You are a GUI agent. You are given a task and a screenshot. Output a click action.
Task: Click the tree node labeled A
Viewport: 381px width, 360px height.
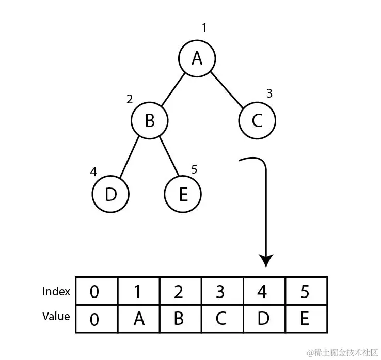[197, 59]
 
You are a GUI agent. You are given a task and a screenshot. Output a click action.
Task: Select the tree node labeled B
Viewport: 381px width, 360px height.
[150, 121]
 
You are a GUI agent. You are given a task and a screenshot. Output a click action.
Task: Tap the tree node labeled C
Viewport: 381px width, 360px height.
[257, 121]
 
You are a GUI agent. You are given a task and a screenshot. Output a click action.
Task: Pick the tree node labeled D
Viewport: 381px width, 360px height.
[110, 194]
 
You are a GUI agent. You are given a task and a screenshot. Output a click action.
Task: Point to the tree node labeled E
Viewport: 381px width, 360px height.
[183, 194]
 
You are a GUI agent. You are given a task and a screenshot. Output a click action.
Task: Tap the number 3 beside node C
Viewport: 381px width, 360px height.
[269, 94]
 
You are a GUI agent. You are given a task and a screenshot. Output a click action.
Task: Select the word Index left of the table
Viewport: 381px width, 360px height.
[56, 292]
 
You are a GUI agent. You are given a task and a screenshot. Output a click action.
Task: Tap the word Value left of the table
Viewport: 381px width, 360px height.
[56, 316]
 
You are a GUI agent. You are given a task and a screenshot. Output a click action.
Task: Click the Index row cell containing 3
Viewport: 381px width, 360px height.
[221, 292]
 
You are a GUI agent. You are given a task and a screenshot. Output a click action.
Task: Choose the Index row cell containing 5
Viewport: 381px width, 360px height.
[305, 292]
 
